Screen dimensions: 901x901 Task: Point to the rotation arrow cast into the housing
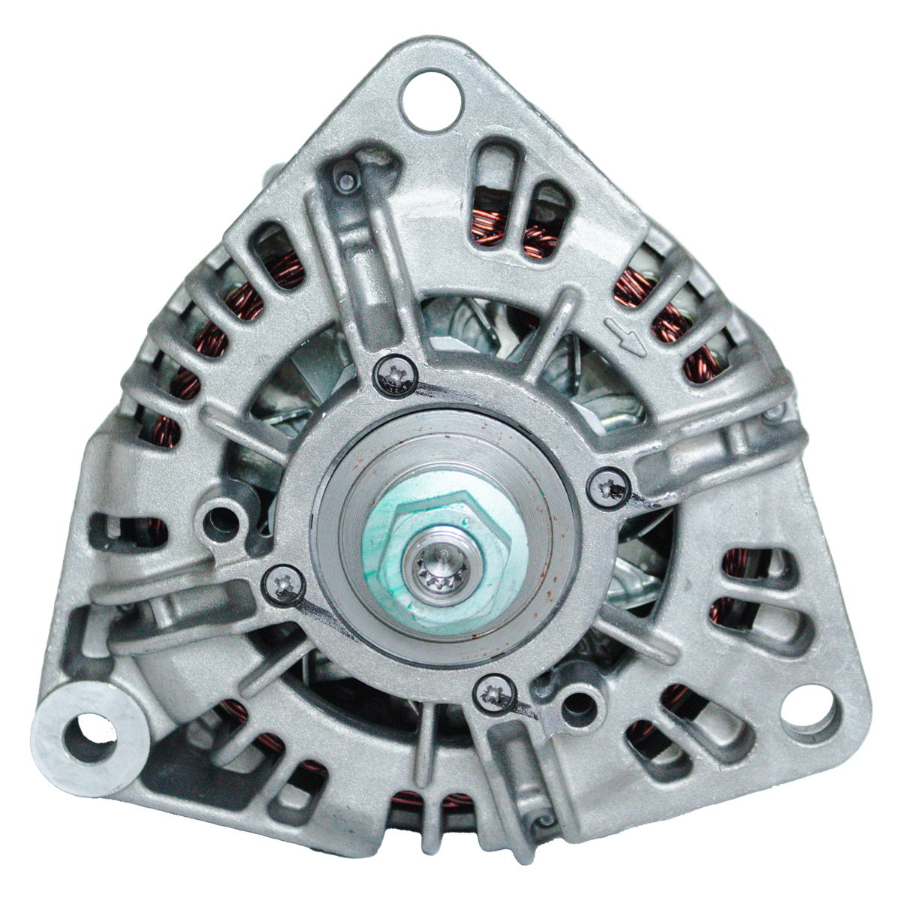pyautogui.click(x=625, y=336)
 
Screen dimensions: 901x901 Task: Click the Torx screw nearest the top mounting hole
pyautogui.click(x=394, y=373)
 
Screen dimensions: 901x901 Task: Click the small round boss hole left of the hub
pyautogui.click(x=221, y=516)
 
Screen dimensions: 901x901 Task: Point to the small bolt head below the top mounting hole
pyautogui.click(x=347, y=178)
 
